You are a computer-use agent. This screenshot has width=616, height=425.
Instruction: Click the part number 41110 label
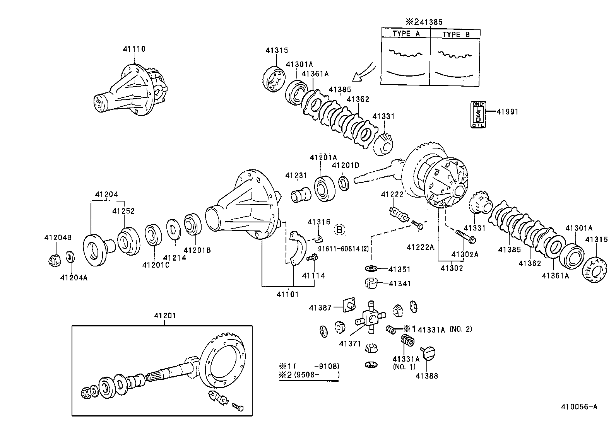(x=134, y=49)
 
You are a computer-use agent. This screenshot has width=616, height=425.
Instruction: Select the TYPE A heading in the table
(x=406, y=34)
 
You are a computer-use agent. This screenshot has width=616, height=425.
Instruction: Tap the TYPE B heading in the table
(x=455, y=34)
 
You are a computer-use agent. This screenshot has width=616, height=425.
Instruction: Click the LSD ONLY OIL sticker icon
(x=478, y=114)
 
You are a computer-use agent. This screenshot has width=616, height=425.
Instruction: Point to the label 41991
(x=507, y=112)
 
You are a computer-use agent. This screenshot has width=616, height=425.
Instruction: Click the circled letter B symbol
(x=339, y=230)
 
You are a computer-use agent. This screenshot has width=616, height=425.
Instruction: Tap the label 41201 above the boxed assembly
(x=165, y=316)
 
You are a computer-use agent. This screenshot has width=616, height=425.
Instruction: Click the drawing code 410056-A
(x=579, y=406)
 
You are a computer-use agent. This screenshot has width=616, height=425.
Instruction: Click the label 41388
(x=427, y=376)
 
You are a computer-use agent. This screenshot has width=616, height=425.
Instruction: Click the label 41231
(x=296, y=176)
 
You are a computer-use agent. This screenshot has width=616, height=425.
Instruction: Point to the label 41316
(x=319, y=222)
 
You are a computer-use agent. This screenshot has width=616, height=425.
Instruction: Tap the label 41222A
(x=421, y=247)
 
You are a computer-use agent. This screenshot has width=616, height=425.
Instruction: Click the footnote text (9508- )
(x=317, y=374)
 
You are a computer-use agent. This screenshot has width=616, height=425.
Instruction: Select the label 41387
(x=320, y=308)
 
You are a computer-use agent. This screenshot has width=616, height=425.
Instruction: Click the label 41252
(x=123, y=211)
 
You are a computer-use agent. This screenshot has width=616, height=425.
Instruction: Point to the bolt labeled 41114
(x=311, y=258)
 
